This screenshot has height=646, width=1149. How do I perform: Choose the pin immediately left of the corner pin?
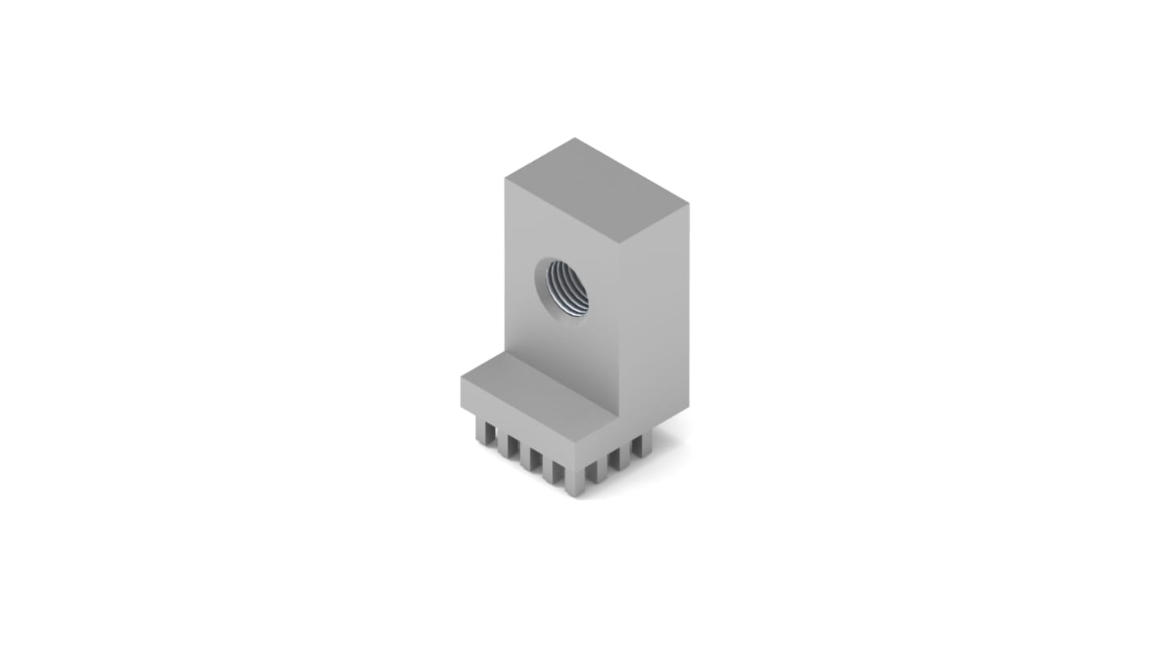[553, 470]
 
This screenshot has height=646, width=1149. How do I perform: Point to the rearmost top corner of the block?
[575, 138]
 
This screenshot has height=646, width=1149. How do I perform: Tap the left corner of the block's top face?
[506, 179]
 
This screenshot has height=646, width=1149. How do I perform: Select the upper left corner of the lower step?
[461, 377]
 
